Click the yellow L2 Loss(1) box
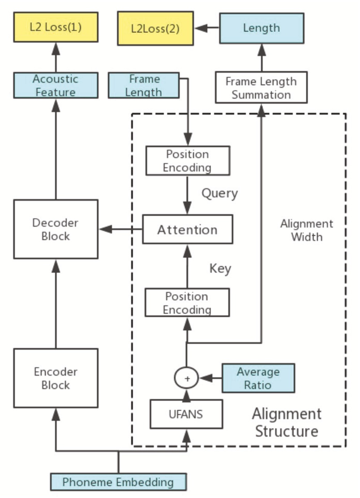[x=56, y=28]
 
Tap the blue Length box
[x=261, y=28]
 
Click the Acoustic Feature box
[x=56, y=85]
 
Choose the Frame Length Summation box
[x=261, y=88]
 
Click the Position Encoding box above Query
[x=188, y=161]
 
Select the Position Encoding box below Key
[x=187, y=303]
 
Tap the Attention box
[x=187, y=230]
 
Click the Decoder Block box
[x=56, y=229]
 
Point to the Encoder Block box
[x=56, y=378]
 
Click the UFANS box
[x=186, y=414]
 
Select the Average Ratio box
[x=258, y=378]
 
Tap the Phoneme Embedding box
[x=118, y=482]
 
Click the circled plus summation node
[x=187, y=378]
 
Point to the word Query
[x=219, y=194]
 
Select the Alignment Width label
[x=307, y=230]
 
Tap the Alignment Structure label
[x=286, y=422]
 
